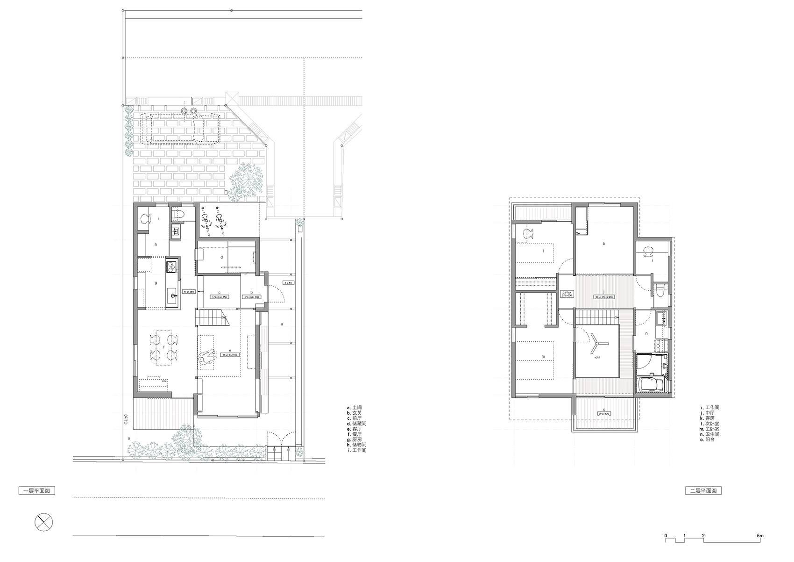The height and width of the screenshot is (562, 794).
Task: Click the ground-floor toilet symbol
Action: (178, 214)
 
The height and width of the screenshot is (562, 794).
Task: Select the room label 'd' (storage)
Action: (222, 257)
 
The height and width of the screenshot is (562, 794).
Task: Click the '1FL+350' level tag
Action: (189, 291)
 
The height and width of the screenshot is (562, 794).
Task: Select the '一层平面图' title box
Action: (36, 491)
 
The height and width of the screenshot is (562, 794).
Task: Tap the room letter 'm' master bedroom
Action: (543, 357)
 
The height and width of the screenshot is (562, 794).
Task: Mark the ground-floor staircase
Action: (213, 317)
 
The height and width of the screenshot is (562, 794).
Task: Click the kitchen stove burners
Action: (171, 267)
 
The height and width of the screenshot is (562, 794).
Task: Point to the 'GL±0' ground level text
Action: (127, 418)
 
